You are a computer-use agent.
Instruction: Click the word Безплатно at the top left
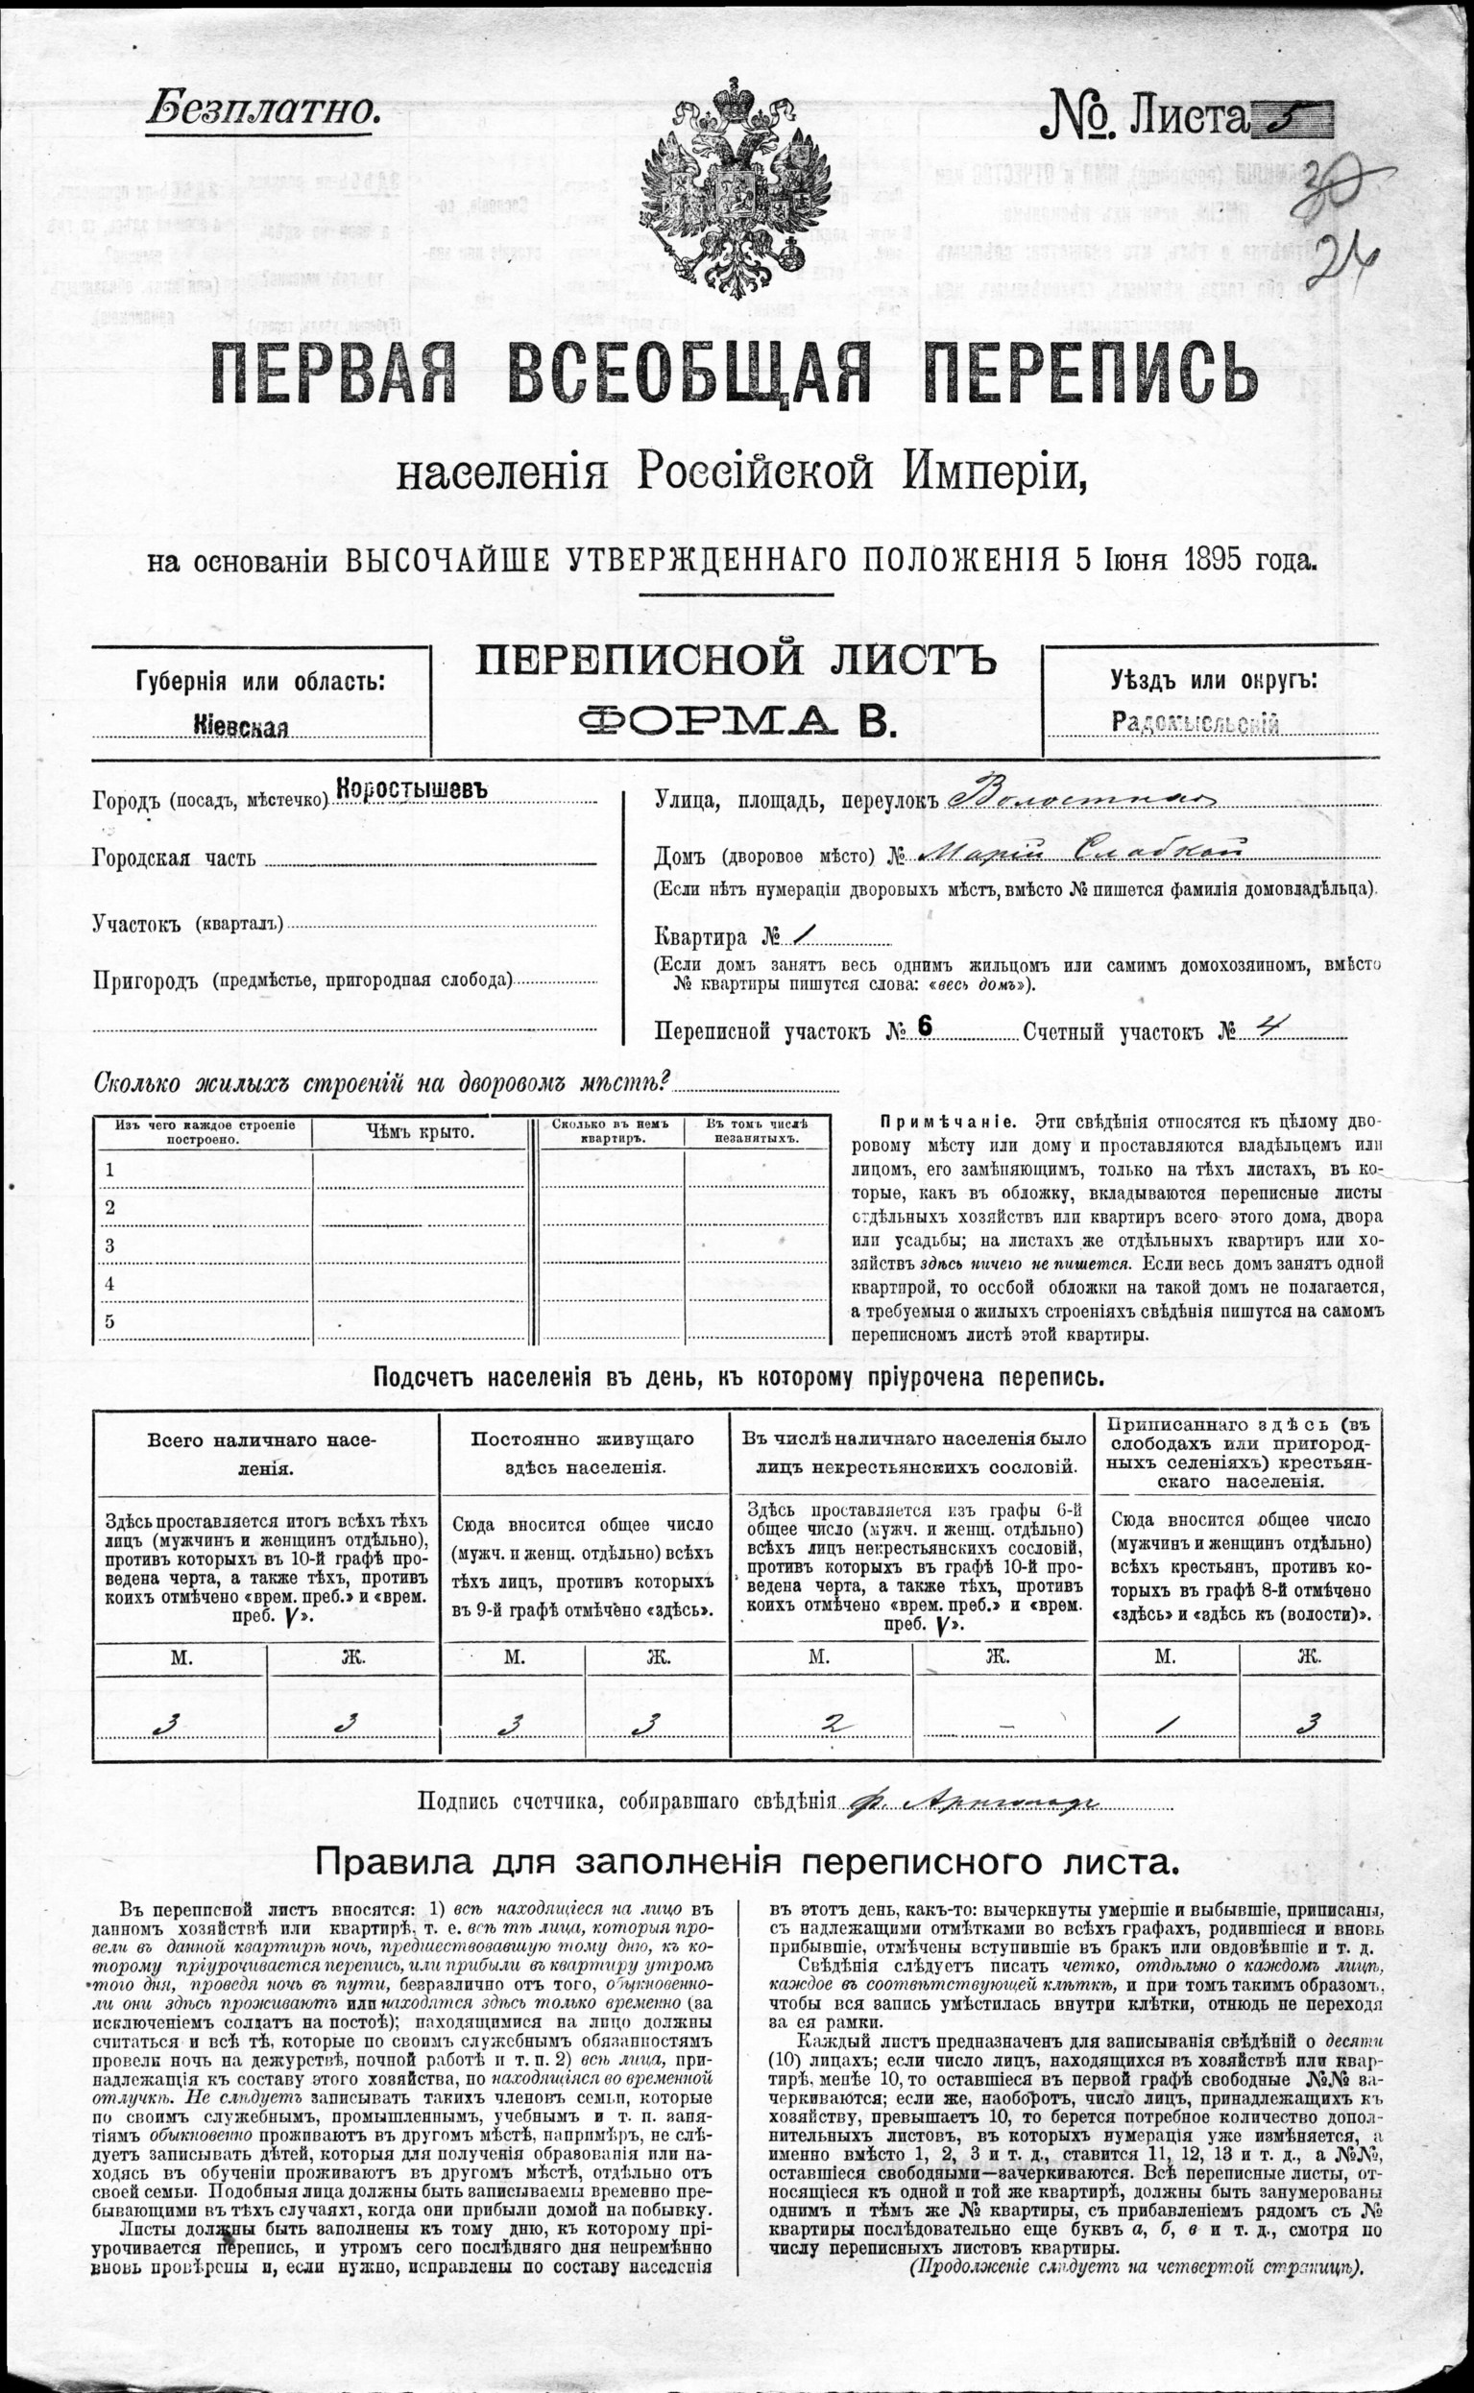pos(261,110)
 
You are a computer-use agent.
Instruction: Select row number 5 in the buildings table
pos(111,1320)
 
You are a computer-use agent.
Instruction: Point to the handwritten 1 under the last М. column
pos(1164,1724)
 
